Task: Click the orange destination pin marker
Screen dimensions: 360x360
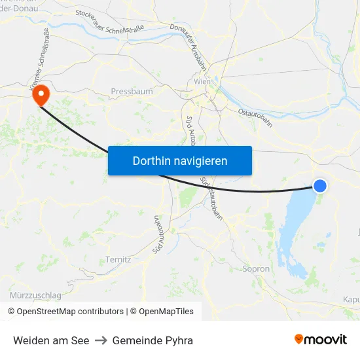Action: tap(41, 96)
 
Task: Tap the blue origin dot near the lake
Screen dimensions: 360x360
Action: tap(320, 186)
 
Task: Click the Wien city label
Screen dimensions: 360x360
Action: tap(202, 82)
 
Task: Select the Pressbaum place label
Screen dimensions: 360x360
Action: tap(132, 92)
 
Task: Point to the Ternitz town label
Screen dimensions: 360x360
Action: tap(118, 259)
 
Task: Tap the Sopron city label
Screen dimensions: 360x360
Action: tap(256, 269)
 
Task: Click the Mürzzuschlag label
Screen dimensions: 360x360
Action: tap(36, 295)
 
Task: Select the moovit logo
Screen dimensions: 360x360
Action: tap(321, 339)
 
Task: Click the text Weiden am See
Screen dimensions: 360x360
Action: tap(51, 340)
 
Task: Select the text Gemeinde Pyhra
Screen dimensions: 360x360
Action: tap(153, 340)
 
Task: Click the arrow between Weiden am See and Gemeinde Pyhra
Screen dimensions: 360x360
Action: tap(101, 340)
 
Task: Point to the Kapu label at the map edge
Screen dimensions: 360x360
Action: tap(351, 299)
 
